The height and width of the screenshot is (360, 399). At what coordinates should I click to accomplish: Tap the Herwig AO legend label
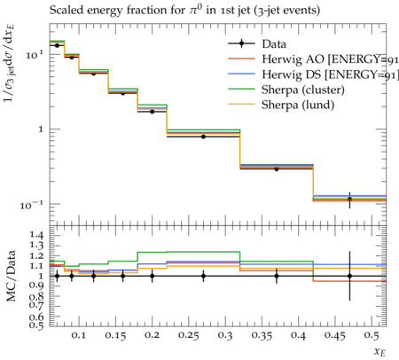[331, 59]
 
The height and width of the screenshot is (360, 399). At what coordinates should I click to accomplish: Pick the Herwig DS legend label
[331, 74]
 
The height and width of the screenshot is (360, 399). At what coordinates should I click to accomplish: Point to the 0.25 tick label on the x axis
[189, 335]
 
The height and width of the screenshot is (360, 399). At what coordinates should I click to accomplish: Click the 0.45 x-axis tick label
[335, 335]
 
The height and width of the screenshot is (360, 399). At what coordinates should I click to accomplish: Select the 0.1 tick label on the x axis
[79, 335]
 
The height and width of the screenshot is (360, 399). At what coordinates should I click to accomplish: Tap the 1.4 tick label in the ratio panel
[36, 235]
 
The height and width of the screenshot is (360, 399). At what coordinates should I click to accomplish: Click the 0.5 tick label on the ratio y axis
[36, 325]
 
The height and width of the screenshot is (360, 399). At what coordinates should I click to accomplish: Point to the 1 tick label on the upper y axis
[41, 129]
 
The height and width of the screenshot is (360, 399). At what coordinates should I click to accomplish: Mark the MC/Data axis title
[11, 276]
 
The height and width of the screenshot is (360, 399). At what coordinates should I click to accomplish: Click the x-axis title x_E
[380, 351]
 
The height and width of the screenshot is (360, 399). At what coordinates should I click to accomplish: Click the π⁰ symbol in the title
[196, 10]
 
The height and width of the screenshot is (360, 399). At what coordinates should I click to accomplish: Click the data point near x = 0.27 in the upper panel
[203, 137]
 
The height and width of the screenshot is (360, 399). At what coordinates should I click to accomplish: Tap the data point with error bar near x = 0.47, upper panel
[349, 200]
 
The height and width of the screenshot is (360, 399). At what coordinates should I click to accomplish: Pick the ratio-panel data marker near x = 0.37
[277, 276]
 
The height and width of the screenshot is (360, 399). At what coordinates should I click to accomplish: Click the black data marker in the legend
[242, 43]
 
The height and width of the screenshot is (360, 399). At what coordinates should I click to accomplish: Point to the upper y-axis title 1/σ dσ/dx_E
[10, 63]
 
